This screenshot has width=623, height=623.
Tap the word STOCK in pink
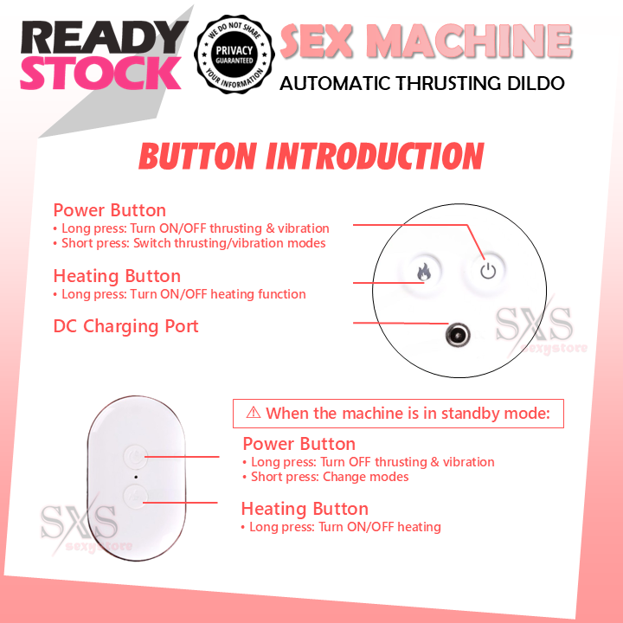[x=100, y=74]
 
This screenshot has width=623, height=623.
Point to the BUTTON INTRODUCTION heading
[x=311, y=157]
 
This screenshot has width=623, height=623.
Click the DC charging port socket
[x=456, y=334]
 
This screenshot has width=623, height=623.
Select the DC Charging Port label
[x=126, y=326]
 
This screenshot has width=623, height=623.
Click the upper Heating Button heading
[x=117, y=276]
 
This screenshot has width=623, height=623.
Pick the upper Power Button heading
[x=110, y=210]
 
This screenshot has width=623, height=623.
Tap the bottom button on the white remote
[x=134, y=496]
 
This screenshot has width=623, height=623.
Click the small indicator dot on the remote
[x=134, y=476]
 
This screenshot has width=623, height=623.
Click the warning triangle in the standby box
[x=254, y=413]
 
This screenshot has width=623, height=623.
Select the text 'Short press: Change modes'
[x=330, y=477]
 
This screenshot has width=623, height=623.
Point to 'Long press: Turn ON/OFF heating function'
[x=183, y=294]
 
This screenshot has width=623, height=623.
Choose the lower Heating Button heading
[x=305, y=509]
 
